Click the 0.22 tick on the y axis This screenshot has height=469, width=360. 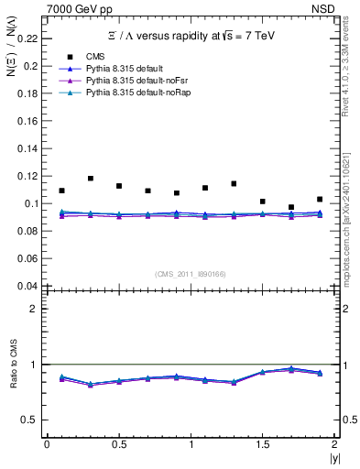[30, 38]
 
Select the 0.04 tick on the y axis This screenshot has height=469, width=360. [30, 286]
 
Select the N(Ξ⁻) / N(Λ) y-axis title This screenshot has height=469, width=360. [10, 56]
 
